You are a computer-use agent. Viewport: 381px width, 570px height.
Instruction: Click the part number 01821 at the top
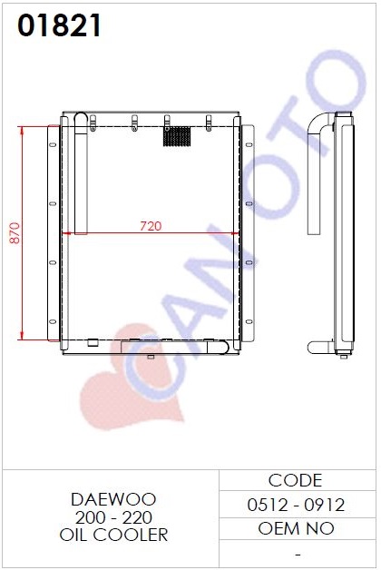59,25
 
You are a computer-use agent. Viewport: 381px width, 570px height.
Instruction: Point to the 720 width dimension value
151,226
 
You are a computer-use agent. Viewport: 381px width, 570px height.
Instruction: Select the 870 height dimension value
15,233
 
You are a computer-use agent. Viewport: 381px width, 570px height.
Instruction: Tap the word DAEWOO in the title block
113,499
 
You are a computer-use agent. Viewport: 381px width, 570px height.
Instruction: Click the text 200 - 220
113,517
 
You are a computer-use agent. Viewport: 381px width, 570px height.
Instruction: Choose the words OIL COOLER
113,535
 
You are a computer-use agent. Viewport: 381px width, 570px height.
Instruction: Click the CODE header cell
295,480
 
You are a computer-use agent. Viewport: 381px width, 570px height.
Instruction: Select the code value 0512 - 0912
296,505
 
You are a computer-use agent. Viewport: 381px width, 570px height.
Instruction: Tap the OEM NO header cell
296,528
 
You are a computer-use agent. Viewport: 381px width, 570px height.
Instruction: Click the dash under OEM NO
298,555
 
